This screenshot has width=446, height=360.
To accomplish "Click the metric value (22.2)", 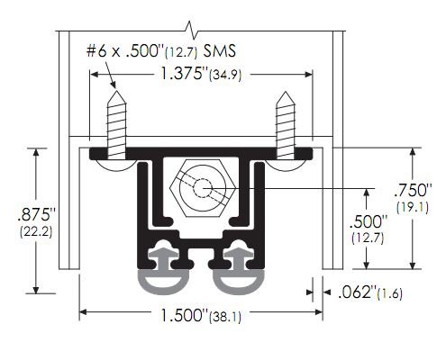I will pyautogui.click(x=35, y=232).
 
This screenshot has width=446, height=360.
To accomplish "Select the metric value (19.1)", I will pyautogui.click(x=415, y=207).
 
